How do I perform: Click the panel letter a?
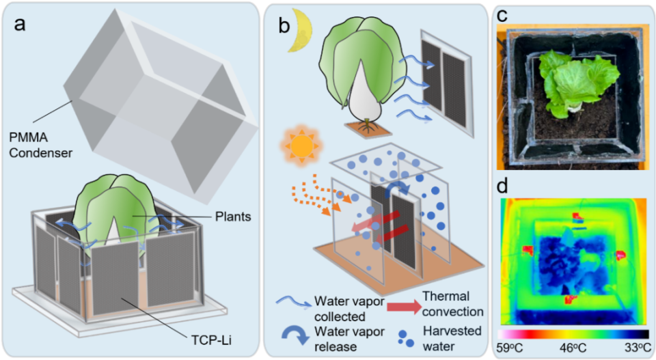(20, 24)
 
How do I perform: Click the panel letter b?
(284, 26)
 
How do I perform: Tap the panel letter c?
(502, 15)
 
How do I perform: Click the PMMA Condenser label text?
(41, 145)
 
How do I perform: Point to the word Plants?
(233, 217)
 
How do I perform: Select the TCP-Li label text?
(211, 340)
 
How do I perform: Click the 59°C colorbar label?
(510, 348)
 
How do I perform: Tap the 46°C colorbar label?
(573, 348)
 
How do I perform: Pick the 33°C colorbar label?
(638, 348)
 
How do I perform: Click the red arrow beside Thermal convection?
(404, 307)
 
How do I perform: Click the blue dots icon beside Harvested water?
(405, 339)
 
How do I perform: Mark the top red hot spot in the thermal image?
(578, 217)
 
